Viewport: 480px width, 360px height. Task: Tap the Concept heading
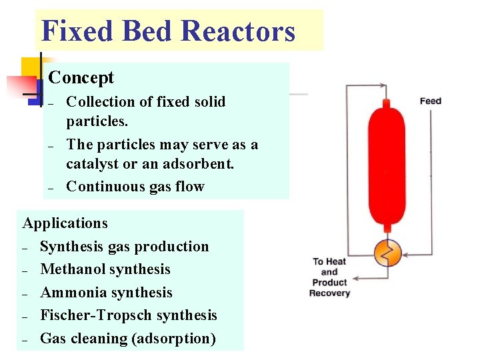81,78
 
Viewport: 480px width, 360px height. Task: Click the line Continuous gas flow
135,187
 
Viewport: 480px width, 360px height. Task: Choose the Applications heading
65,223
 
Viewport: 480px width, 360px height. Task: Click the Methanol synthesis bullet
105,269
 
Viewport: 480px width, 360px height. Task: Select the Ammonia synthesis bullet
107,293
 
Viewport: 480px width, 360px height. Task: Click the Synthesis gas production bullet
125,247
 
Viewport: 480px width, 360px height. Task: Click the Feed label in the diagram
431,101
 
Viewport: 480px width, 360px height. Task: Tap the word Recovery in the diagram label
330,293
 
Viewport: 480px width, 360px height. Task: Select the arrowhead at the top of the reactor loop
383,85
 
